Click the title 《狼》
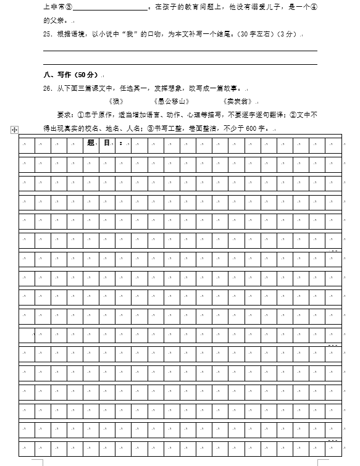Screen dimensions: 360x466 (x=115, y=101)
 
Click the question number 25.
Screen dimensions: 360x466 (x=47, y=34)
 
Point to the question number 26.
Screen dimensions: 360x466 (x=47, y=88)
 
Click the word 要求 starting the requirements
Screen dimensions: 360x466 (x=64, y=115)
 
